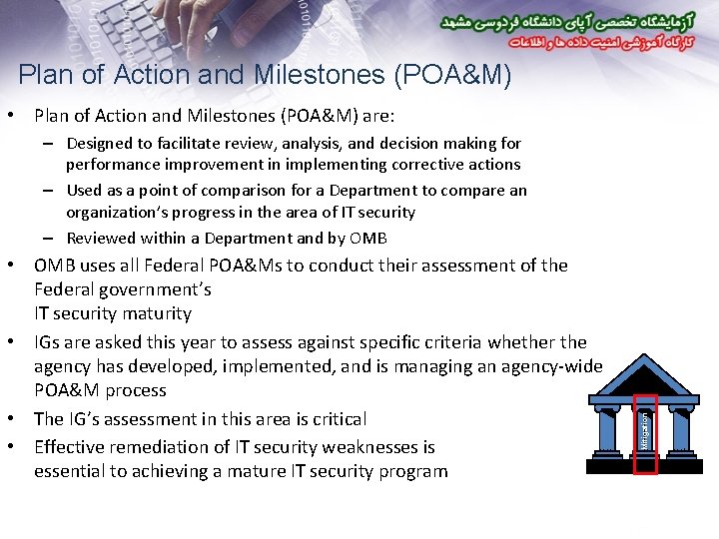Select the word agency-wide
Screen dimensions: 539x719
[x=553, y=366]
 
